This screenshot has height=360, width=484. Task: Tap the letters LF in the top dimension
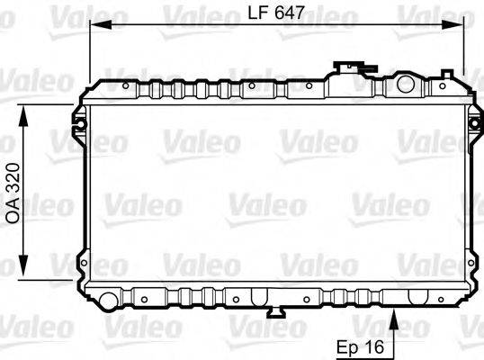coord(257,14)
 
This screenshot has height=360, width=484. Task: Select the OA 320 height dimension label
coord(13,193)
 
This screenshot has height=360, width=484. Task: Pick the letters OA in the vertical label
coord(13,212)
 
